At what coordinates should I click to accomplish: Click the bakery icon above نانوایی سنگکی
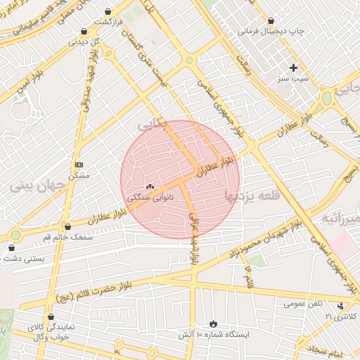point(149,186)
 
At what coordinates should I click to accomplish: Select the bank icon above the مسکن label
point(78,163)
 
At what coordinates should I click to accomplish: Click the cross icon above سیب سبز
point(293,67)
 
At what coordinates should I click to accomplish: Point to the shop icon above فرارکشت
point(108,12)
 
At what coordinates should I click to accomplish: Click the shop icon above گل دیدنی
point(84,31)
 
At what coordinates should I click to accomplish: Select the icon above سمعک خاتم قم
point(67,226)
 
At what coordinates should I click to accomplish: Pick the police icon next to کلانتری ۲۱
point(342,306)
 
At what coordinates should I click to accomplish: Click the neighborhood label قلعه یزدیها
point(252,195)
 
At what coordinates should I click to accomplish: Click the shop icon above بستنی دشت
point(11,247)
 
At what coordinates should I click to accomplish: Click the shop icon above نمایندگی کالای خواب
point(50,316)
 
